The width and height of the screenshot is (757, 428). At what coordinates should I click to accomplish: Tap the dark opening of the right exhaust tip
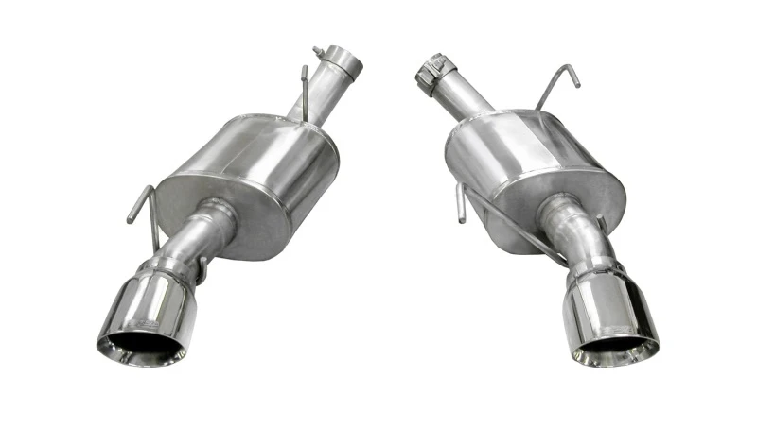[618, 350]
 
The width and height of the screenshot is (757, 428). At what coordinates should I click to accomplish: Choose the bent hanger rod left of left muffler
[138, 203]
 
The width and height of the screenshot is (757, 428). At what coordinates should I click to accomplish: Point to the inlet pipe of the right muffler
[464, 94]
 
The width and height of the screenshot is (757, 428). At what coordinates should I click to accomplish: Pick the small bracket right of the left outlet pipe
[201, 270]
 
